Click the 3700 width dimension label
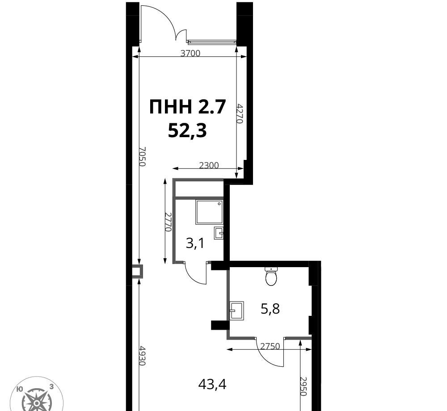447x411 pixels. pos(190,53)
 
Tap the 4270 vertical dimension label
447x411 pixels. pos(240,113)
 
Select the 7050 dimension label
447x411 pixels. pos(142,156)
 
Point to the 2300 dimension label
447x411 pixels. pos(209,165)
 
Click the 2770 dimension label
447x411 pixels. pos(168,222)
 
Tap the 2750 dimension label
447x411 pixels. pos(270,346)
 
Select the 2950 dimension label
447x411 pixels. pos(303,386)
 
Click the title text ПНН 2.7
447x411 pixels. pos(188,107)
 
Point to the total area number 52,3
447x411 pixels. pos(187,131)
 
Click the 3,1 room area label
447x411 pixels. pos(195,243)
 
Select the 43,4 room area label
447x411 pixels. pos(212,385)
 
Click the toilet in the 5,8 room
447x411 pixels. pos(271,276)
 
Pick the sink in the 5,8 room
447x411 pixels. pos(236,311)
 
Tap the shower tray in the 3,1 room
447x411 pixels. pos(209,212)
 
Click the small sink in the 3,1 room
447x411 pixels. pos(219,233)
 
